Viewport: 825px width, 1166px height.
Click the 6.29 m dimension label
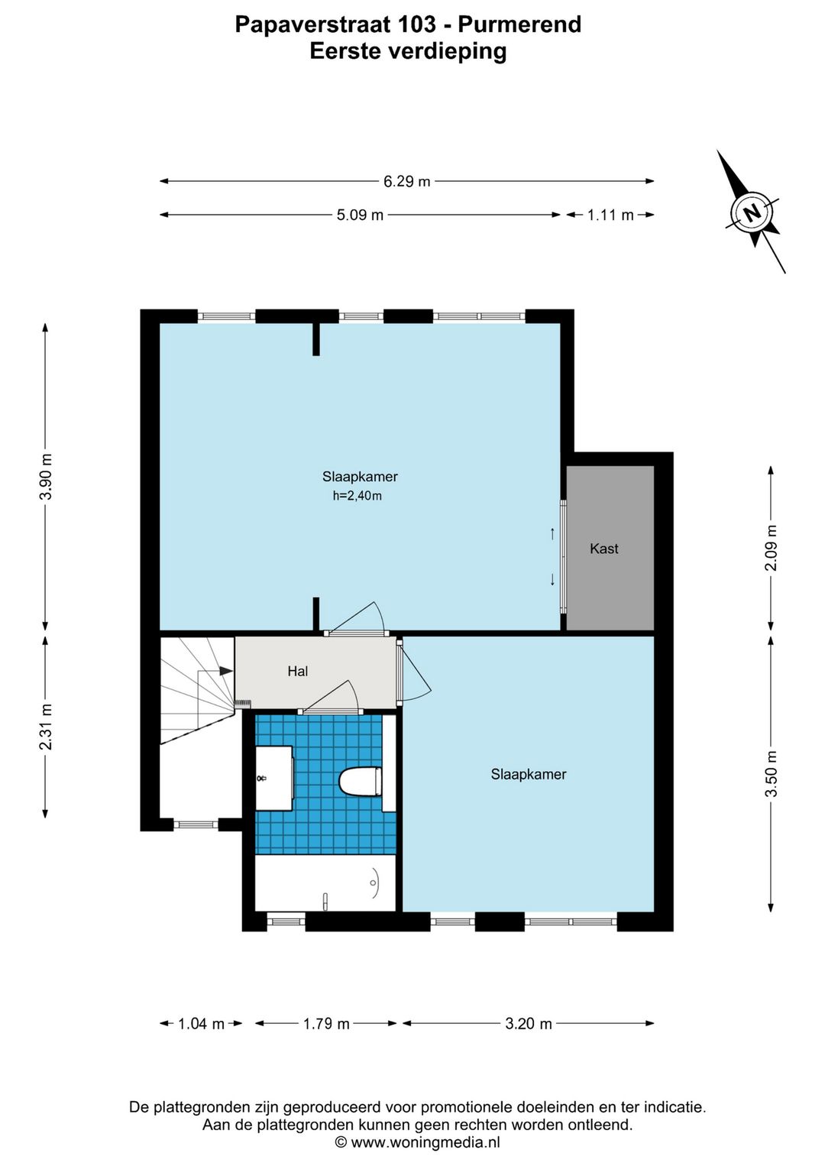[x=406, y=181]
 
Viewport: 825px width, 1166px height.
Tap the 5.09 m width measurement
[x=360, y=215]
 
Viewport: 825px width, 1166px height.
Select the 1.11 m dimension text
[x=610, y=215]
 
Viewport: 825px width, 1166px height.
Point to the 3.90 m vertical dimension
[x=46, y=476]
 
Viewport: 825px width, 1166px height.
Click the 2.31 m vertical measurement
[x=46, y=727]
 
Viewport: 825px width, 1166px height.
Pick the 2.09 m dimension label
[x=771, y=548]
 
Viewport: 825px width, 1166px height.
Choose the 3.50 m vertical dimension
[x=771, y=773]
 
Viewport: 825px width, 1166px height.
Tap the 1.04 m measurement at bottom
[x=201, y=1023]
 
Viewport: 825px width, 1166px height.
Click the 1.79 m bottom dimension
[x=326, y=1023]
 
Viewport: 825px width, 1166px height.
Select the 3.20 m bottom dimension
[x=529, y=1023]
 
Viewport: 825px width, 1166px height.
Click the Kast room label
[x=603, y=548]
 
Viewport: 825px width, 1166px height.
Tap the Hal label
[x=298, y=671]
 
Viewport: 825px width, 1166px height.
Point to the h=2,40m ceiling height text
[x=357, y=496]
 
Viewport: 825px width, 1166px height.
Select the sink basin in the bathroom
[x=274, y=778]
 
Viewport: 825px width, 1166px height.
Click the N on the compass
[x=752, y=213]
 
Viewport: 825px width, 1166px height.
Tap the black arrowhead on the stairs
[x=226, y=671]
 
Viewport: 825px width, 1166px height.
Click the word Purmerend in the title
[x=519, y=24]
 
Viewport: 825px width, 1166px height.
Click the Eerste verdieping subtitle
[x=408, y=52]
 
